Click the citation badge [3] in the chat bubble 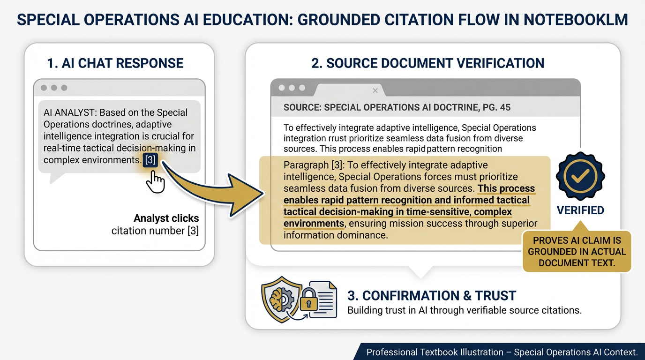(x=150, y=160)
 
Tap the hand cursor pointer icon (x=156, y=181)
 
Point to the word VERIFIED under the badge (x=580, y=210)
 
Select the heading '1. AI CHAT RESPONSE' (x=115, y=63)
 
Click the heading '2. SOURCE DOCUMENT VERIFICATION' (x=427, y=63)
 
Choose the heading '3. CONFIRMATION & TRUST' (x=432, y=296)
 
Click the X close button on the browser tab (x=375, y=90)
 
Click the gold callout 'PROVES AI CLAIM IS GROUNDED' (x=577, y=251)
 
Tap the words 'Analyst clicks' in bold (x=166, y=218)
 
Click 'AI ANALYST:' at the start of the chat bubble (x=70, y=112)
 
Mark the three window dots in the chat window (x=54, y=88)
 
